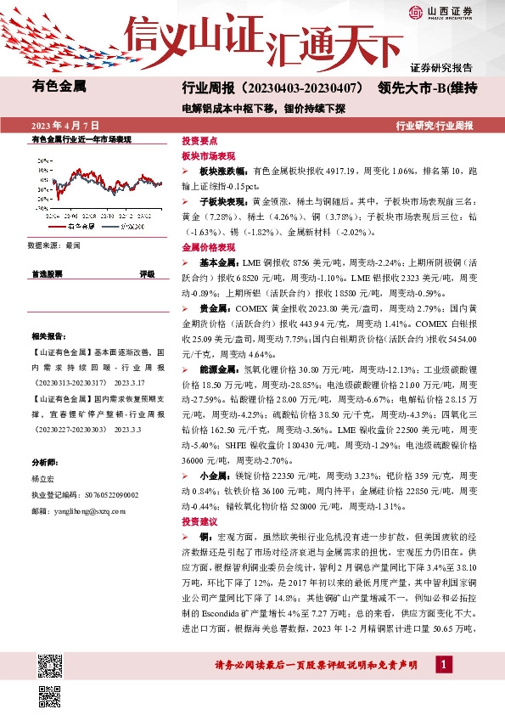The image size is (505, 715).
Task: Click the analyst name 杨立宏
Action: coord(43,479)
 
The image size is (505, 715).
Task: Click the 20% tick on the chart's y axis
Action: coord(42,159)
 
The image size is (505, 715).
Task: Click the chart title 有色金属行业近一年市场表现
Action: coord(81,138)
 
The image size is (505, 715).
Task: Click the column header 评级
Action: coord(147,274)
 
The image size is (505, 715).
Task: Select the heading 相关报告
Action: coord(47,336)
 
